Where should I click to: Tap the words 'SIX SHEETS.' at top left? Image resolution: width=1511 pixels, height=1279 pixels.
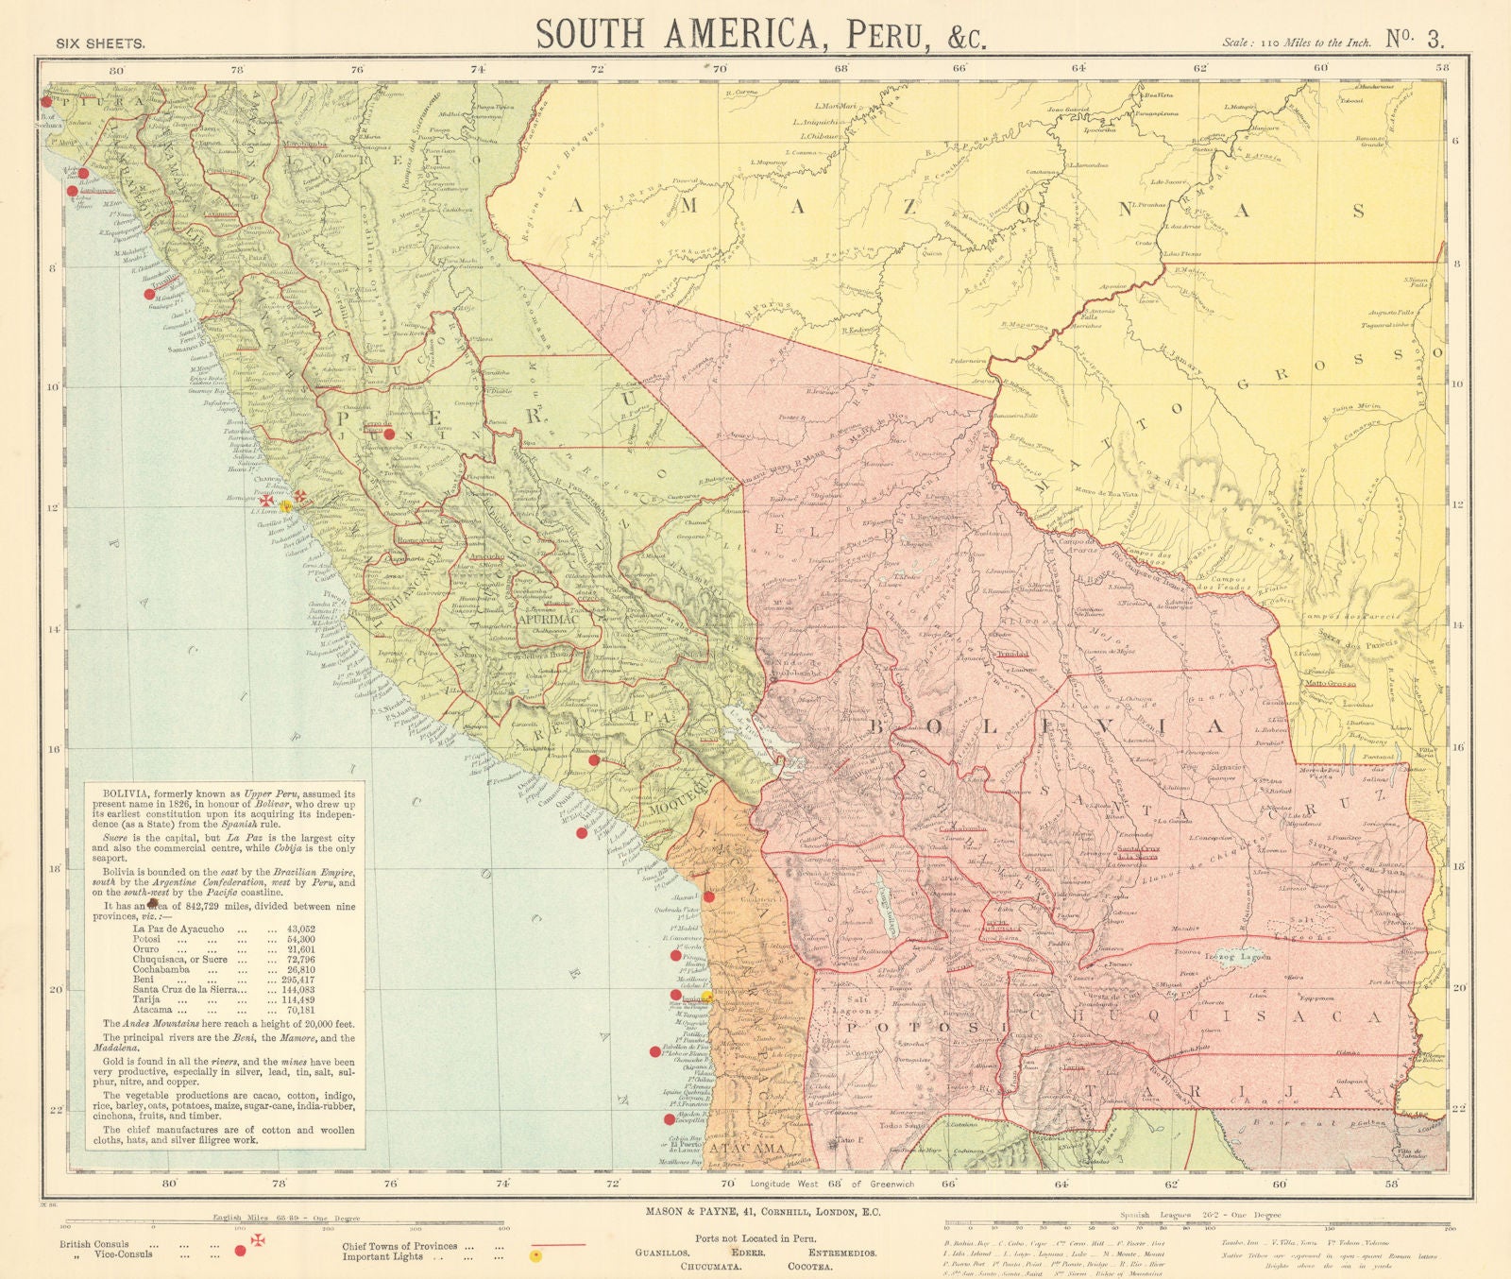(100, 43)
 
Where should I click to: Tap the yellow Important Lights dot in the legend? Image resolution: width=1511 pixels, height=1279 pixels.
(535, 1256)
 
